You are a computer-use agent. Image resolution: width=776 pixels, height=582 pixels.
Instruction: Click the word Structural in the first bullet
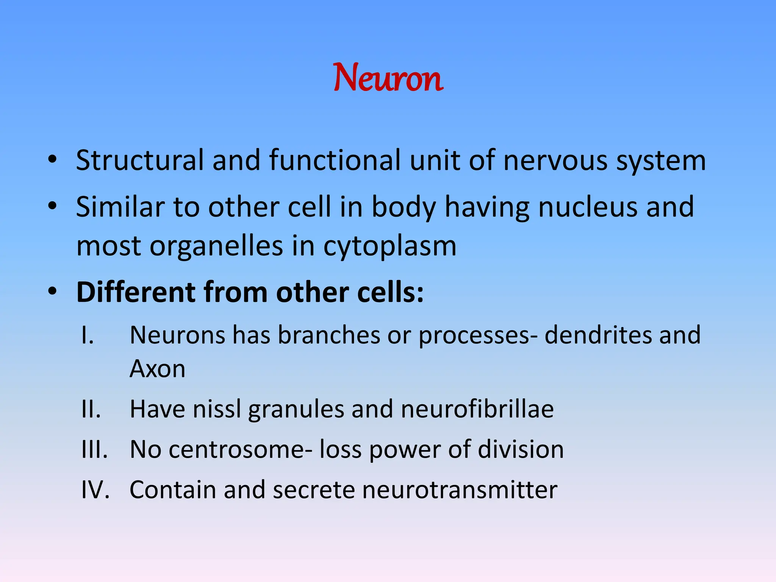tap(140, 160)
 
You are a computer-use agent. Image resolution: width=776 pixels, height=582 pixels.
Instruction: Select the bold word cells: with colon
tap(390, 292)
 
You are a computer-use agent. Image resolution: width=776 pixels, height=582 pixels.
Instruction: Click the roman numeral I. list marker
tap(88, 335)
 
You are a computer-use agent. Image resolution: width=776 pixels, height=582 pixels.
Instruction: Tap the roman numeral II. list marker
tap(91, 409)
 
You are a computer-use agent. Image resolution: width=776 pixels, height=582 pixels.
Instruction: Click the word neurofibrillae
tap(477, 409)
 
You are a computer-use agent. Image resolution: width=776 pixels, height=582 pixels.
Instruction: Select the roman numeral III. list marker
tap(94, 450)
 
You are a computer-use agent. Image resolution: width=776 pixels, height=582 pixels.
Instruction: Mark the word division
tap(521, 450)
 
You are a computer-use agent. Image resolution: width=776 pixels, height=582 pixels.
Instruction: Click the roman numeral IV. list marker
tap(95, 490)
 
